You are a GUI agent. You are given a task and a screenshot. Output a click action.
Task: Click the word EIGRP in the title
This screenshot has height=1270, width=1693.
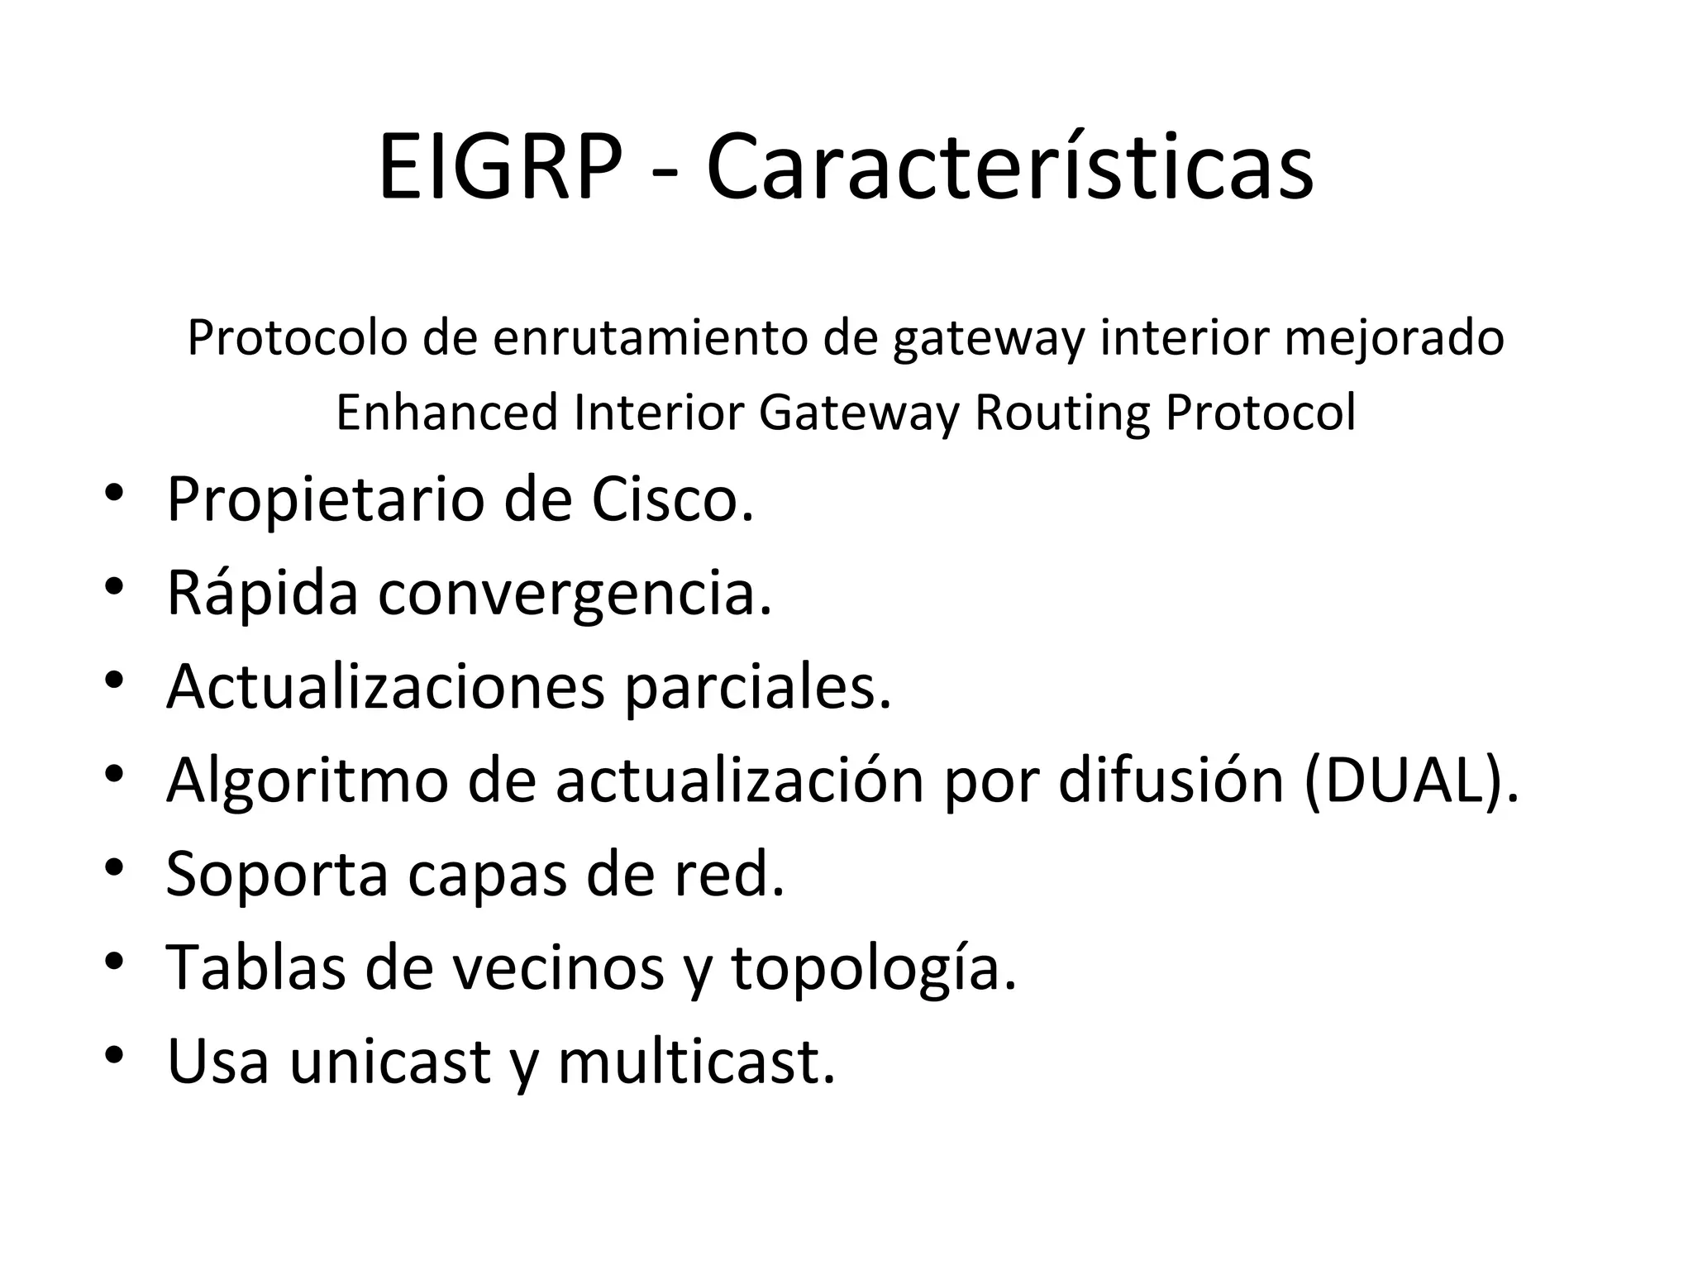pos(499,169)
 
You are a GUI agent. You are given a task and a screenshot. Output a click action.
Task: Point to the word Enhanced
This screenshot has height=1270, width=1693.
pos(447,413)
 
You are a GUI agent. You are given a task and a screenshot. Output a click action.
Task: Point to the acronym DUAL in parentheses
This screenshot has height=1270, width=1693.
pos(1409,781)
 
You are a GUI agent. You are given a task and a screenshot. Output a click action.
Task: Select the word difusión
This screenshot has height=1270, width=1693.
pos(1171,781)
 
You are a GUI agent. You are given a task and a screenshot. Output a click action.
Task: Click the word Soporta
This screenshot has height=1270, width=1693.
pos(277,874)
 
